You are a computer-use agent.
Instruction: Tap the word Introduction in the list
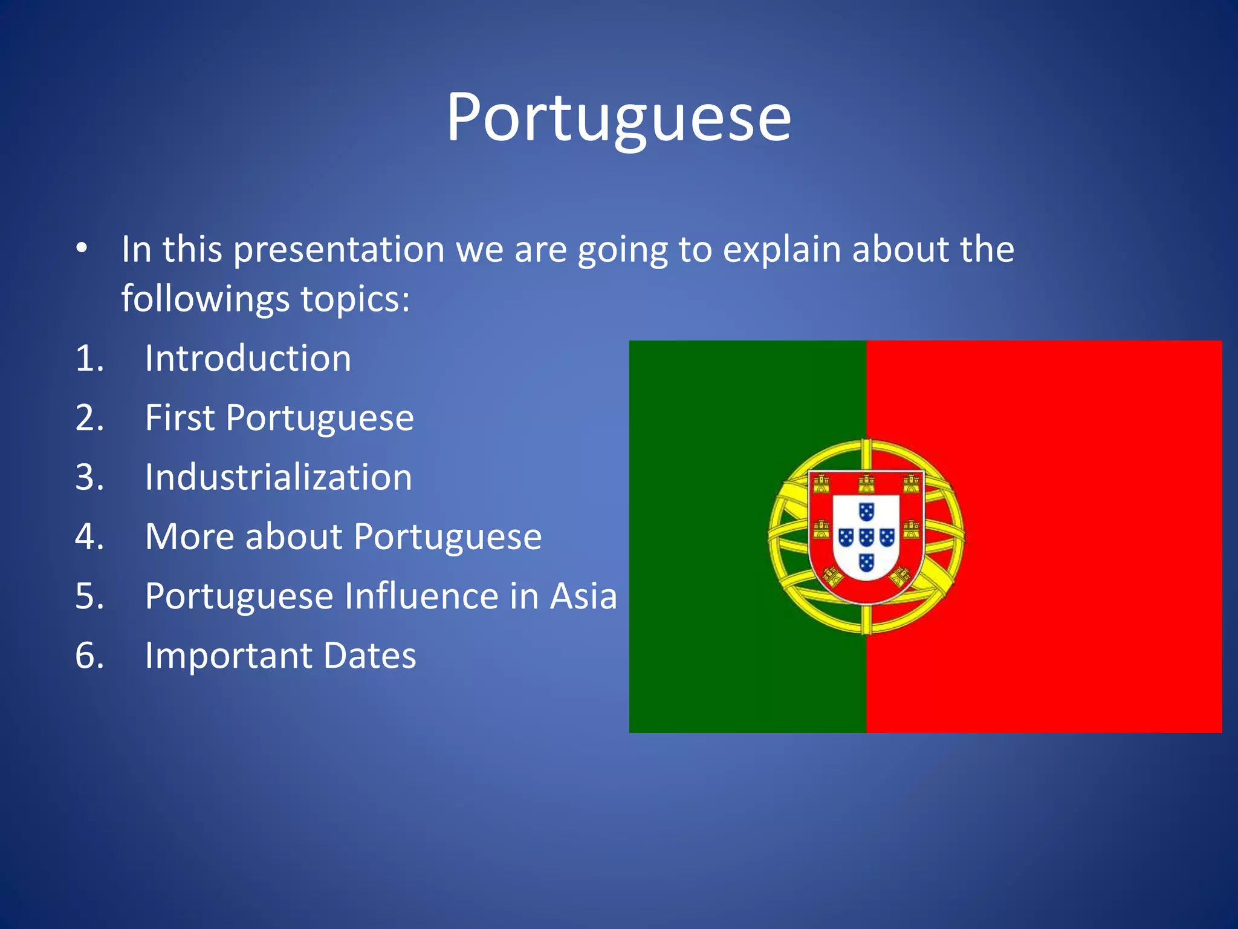tap(248, 358)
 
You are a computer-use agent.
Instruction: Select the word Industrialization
tap(279, 477)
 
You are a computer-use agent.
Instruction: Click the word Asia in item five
tap(583, 596)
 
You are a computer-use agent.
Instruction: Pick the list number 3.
tap(89, 477)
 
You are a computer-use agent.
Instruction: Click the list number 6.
tap(89, 656)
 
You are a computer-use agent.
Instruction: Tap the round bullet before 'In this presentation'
tap(82, 249)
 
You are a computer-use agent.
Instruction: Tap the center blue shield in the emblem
tap(866, 536)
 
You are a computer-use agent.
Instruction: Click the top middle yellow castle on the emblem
tap(866, 484)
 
